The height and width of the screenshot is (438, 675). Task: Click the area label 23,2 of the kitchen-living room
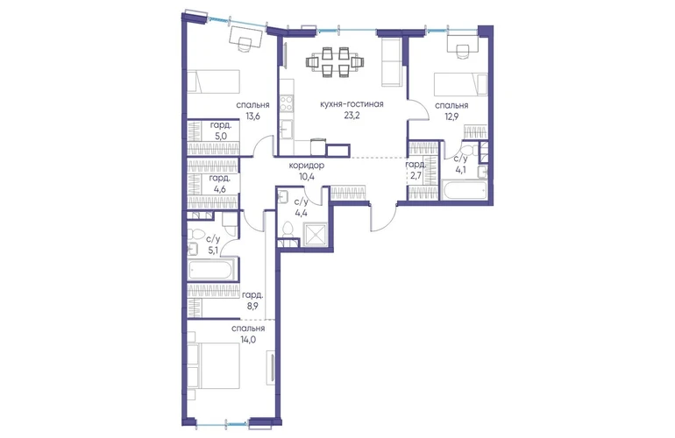[352, 116]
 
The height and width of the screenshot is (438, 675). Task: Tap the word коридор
[307, 165]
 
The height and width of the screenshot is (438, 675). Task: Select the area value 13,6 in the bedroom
[252, 116]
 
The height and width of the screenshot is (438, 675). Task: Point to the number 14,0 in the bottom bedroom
[248, 339]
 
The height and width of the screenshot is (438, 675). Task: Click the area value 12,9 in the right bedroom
[451, 116]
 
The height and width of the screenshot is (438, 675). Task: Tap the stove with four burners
[287, 102]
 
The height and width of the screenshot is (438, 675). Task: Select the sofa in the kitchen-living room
[392, 62]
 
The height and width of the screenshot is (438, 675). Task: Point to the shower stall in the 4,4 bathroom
[315, 235]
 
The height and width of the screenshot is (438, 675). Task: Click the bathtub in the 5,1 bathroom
[211, 269]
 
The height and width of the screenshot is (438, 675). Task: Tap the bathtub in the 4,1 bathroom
[465, 190]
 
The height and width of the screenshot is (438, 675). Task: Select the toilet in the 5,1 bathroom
[197, 235]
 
